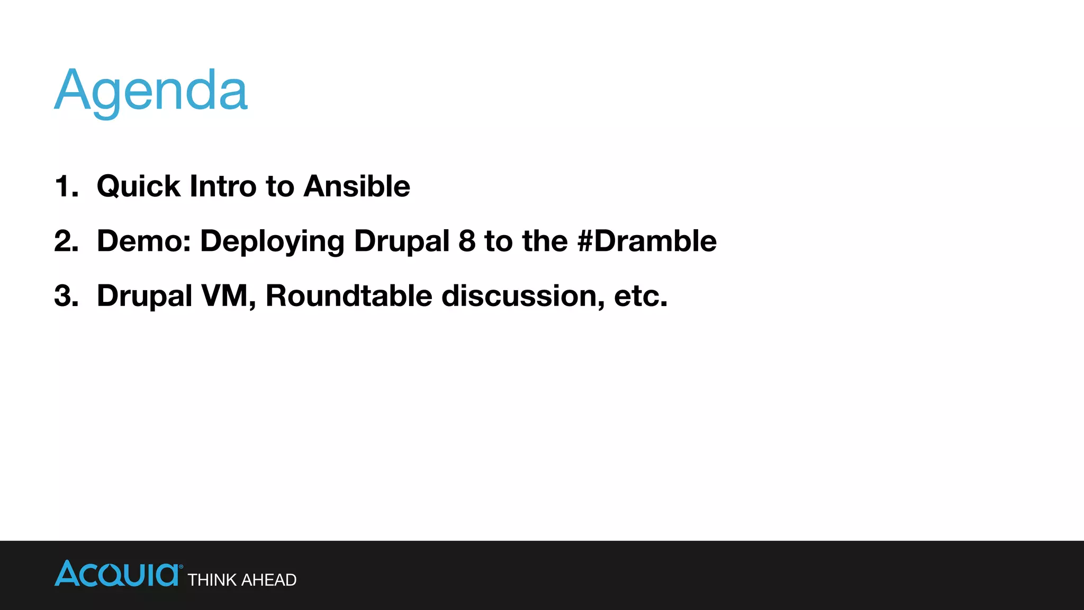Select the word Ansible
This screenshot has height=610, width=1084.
357,186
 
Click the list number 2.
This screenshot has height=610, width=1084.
66,241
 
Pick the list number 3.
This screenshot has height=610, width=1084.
66,295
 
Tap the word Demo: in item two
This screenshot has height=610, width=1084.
143,241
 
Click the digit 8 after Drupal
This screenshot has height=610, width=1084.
467,241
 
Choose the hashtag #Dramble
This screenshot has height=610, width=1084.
647,241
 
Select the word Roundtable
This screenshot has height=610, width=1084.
349,295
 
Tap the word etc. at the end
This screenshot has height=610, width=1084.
640,295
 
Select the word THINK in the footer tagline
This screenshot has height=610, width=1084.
212,580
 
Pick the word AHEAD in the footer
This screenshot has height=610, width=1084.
268,580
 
